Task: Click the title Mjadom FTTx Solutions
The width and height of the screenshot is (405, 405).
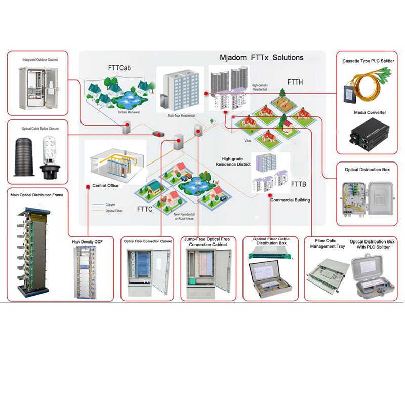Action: click(x=261, y=57)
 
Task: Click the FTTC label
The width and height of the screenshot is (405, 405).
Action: click(x=144, y=208)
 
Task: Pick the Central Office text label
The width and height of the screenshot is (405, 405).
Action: click(x=105, y=186)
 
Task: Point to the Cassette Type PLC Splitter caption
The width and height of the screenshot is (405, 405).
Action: click(x=368, y=61)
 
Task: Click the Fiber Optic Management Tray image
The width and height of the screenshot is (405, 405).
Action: click(x=327, y=274)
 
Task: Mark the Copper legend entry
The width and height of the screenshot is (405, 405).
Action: click(x=110, y=205)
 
